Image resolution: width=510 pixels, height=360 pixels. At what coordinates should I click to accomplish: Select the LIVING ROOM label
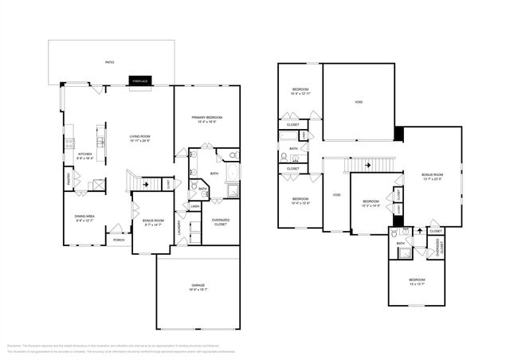click(140, 139)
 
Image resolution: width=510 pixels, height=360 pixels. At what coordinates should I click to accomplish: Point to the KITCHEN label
click(84, 156)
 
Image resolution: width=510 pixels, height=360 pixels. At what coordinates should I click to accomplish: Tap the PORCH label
click(119, 240)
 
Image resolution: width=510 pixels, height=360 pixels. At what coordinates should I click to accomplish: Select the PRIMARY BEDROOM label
click(206, 120)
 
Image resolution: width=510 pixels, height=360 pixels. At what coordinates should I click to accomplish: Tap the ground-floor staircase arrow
click(144, 182)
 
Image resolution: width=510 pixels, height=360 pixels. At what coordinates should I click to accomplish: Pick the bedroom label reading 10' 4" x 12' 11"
click(300, 92)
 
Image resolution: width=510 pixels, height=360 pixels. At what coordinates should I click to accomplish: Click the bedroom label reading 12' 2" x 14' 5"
click(370, 204)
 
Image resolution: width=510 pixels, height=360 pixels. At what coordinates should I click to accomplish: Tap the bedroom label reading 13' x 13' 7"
click(417, 282)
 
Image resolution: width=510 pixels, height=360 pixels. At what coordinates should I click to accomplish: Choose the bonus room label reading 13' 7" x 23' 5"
click(433, 176)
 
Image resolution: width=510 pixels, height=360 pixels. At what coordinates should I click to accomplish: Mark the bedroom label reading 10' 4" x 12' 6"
click(300, 201)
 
